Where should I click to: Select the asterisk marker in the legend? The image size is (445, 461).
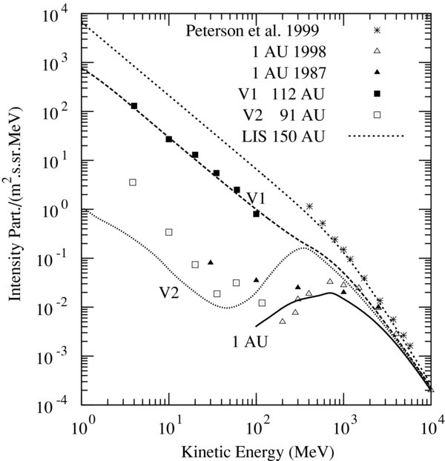click(378, 30)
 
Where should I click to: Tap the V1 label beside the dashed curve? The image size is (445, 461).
click(257, 198)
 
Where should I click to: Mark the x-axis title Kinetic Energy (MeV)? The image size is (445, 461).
click(257, 450)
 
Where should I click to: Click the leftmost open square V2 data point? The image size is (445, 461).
click(133, 182)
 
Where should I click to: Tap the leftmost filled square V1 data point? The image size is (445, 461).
click(134, 106)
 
